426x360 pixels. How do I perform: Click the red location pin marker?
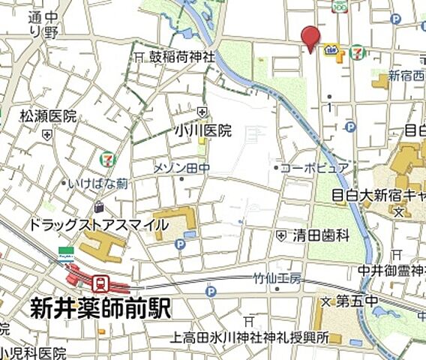(310, 37)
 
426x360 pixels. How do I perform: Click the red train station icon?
(99, 283)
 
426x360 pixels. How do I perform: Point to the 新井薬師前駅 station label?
(100, 308)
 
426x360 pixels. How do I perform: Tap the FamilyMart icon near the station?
(64, 252)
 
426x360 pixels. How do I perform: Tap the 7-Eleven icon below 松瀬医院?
(108, 159)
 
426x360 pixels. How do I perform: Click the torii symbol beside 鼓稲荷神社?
(139, 57)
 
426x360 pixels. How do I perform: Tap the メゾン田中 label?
(181, 168)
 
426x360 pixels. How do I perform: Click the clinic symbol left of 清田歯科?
(281, 235)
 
